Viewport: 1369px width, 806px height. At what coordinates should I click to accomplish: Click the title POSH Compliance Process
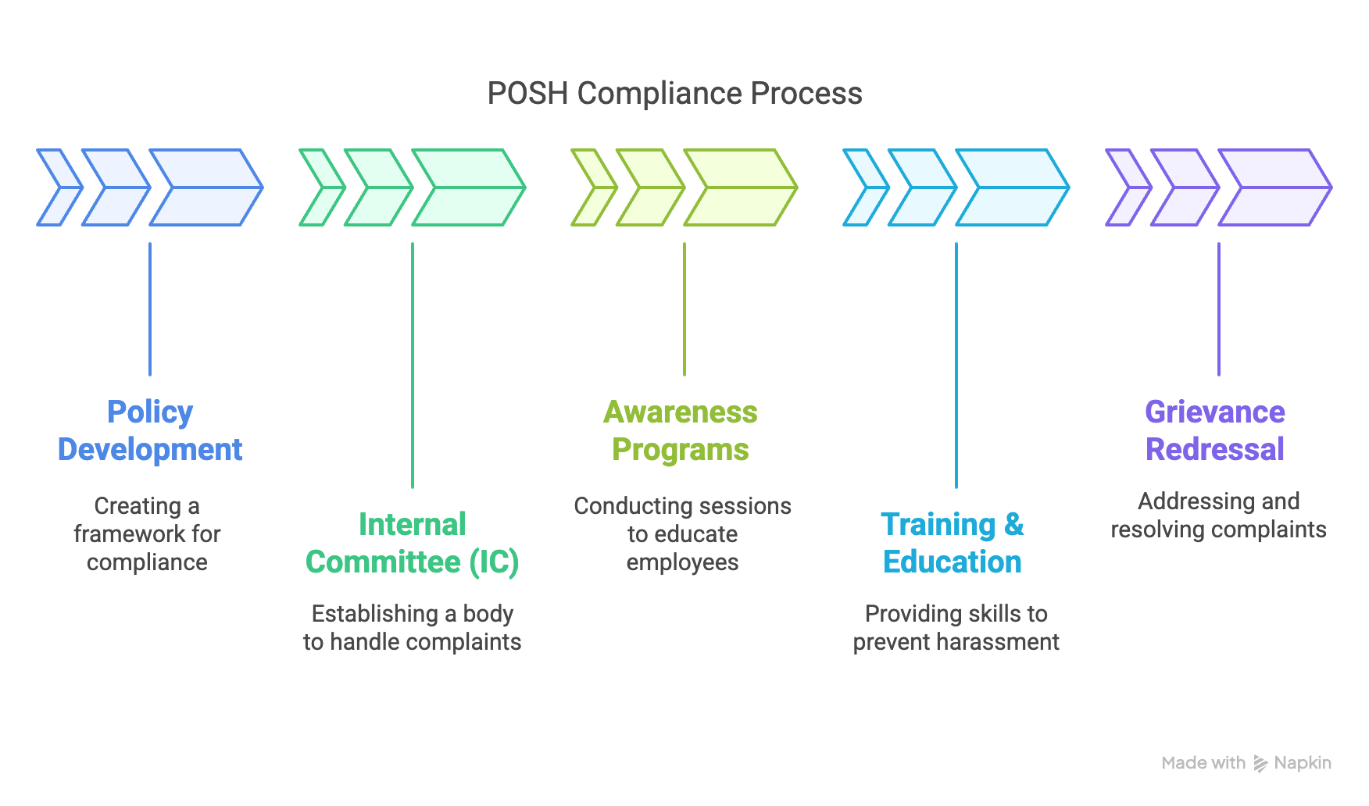pos(674,94)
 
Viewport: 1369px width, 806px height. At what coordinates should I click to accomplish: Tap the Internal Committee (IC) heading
pos(412,544)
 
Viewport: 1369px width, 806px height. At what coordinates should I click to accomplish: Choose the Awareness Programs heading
pos(681,431)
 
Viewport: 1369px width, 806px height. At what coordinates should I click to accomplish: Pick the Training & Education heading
pos(953,544)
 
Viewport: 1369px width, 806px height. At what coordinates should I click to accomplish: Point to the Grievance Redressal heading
pos(1215,431)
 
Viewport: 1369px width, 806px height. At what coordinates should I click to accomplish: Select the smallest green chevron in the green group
pos(321,187)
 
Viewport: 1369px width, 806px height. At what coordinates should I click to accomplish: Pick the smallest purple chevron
pos(1128,187)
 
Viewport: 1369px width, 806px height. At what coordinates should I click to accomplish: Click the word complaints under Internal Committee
pos(468,642)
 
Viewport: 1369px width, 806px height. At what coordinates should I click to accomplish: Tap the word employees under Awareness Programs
pos(682,562)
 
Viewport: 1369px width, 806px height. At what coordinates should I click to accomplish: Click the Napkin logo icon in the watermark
pos(1260,764)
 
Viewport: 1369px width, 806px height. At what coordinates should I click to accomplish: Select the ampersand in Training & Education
pos(1013,525)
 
